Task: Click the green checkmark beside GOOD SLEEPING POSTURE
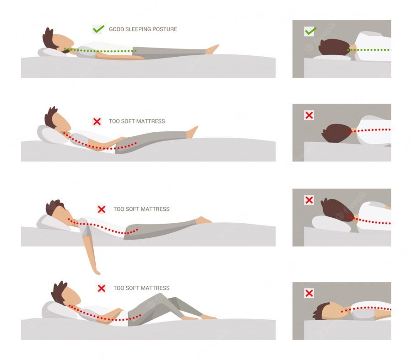98,29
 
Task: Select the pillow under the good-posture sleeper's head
51,53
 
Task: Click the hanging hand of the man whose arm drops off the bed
97,271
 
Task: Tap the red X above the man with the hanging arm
102,210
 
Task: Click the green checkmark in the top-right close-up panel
310,31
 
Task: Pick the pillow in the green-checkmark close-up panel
331,58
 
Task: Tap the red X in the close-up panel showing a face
309,293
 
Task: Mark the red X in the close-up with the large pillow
309,200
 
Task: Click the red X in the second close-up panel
309,115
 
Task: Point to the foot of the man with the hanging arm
204,220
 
